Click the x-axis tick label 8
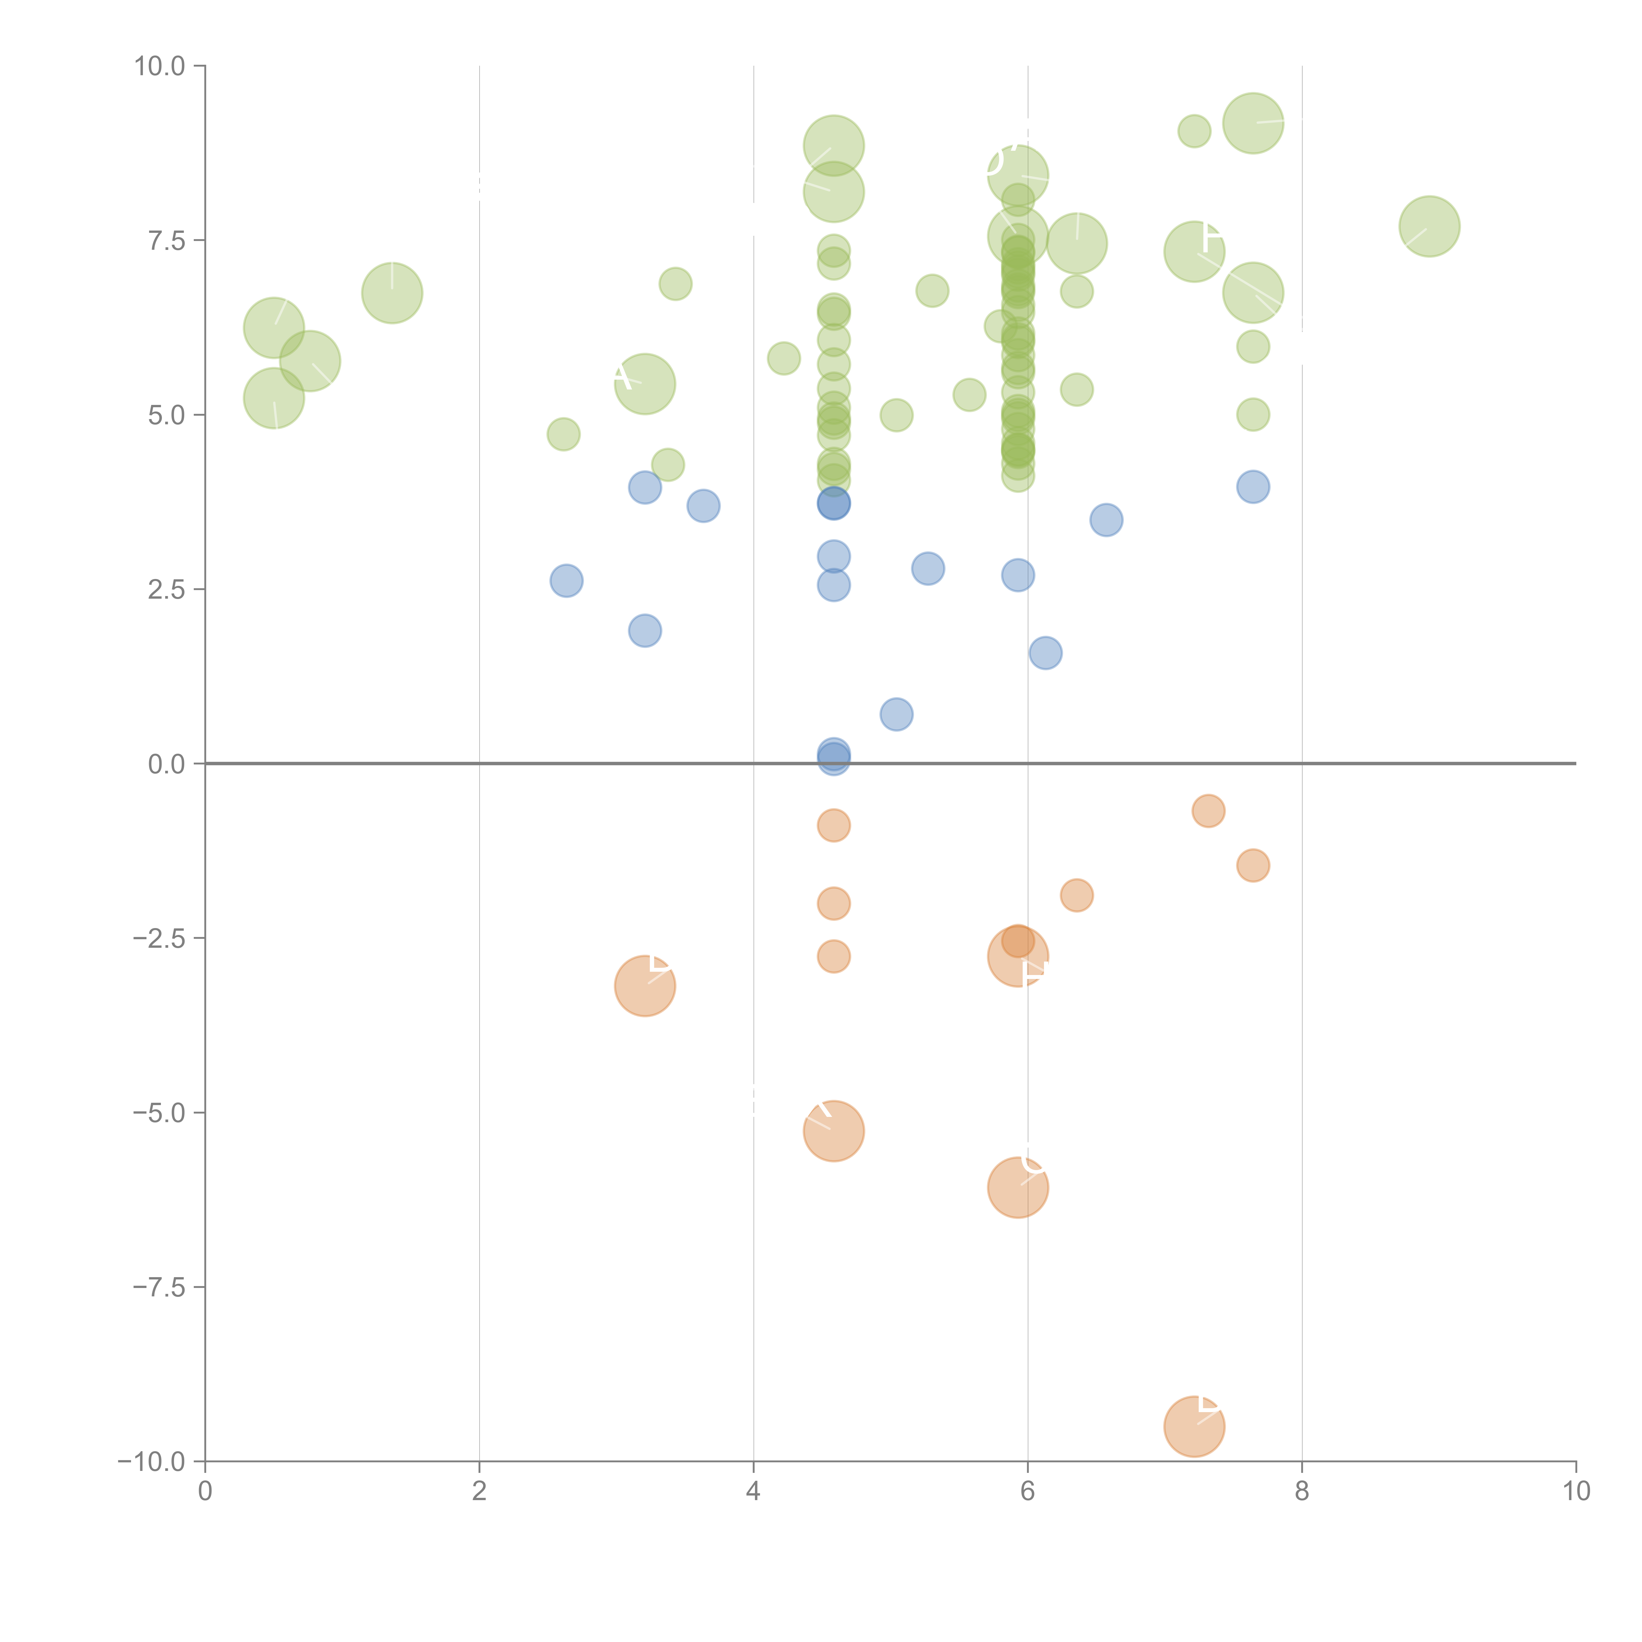[x=1302, y=1492]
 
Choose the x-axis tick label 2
[x=479, y=1492]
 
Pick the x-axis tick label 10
[x=1576, y=1492]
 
